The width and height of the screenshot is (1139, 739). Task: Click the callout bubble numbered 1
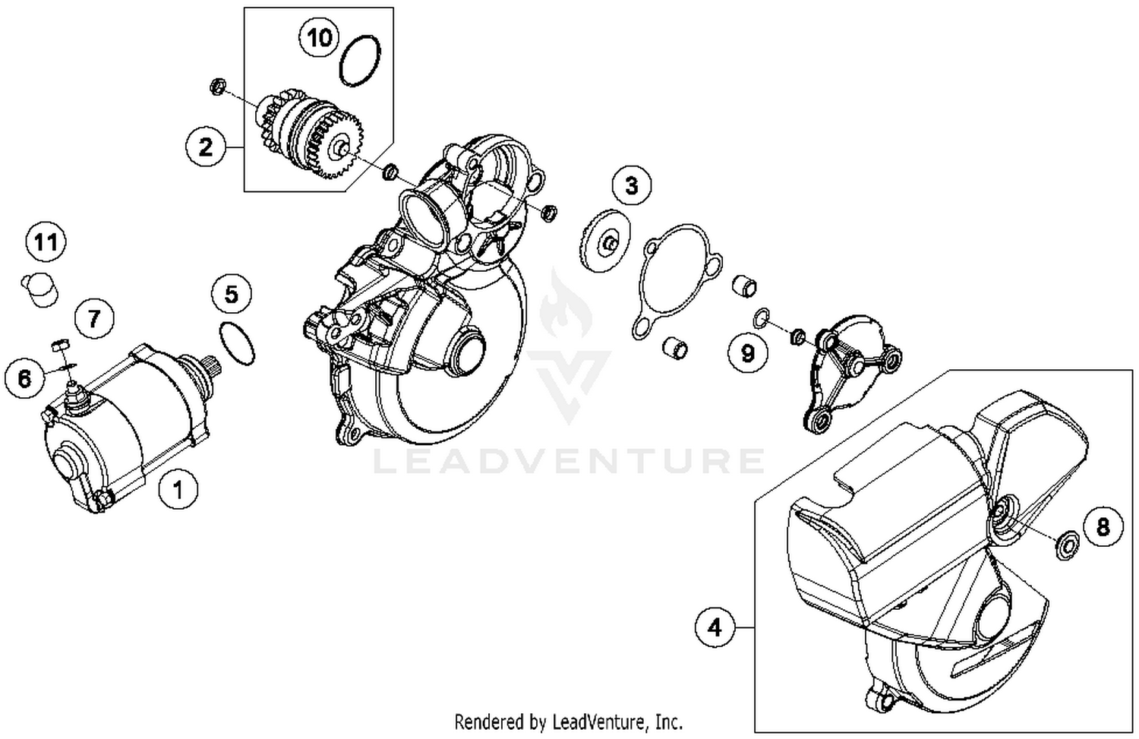coord(178,489)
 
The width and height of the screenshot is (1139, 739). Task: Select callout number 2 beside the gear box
coord(206,146)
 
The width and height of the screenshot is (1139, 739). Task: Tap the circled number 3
coord(632,185)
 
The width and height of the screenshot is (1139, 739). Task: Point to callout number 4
coord(715,627)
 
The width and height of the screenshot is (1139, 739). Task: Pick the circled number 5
coord(232,294)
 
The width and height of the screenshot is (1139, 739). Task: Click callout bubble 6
coord(25,377)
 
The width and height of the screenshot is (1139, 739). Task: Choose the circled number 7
coord(94,317)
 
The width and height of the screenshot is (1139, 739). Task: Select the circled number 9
coord(748,352)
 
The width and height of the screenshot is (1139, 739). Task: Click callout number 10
coord(320,36)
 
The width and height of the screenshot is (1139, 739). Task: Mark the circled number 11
coord(46,242)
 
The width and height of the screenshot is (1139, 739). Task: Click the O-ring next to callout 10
coord(360,61)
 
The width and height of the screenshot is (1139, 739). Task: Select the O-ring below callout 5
coord(236,343)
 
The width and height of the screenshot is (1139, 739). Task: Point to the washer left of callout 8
coord(1066,545)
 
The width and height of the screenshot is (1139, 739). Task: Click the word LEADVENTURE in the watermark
coord(569,461)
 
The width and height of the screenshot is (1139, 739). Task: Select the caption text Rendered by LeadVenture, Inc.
coord(568,721)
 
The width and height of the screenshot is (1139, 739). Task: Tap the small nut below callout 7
coord(61,346)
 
